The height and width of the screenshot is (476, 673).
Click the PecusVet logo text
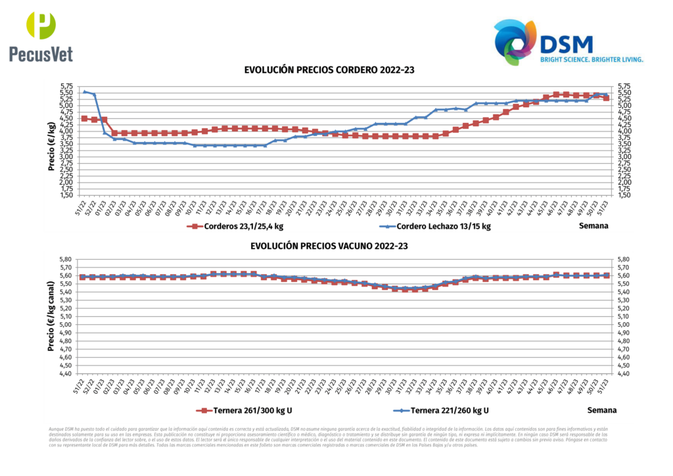pyautogui.click(x=41, y=53)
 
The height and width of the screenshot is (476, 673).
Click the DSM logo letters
pyautogui.click(x=566, y=44)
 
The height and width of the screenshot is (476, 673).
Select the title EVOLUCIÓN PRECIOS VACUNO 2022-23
pyautogui.click(x=329, y=246)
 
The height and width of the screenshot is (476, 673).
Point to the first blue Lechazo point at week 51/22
pyautogui.click(x=84, y=91)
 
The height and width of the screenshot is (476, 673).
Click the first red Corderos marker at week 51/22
pyautogui.click(x=84, y=118)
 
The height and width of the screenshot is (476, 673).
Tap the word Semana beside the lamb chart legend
pyautogui.click(x=593, y=226)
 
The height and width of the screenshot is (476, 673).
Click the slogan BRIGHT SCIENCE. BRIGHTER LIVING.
pyautogui.click(x=592, y=59)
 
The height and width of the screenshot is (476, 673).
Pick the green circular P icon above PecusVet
pyautogui.click(x=41, y=25)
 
